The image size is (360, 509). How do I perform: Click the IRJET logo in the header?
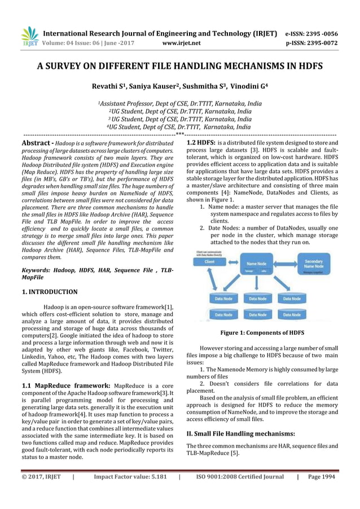[29, 36]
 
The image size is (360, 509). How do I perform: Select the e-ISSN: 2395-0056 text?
[312, 33]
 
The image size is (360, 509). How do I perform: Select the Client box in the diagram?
[209, 262]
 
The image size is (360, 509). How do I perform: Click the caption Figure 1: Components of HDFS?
[262, 333]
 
